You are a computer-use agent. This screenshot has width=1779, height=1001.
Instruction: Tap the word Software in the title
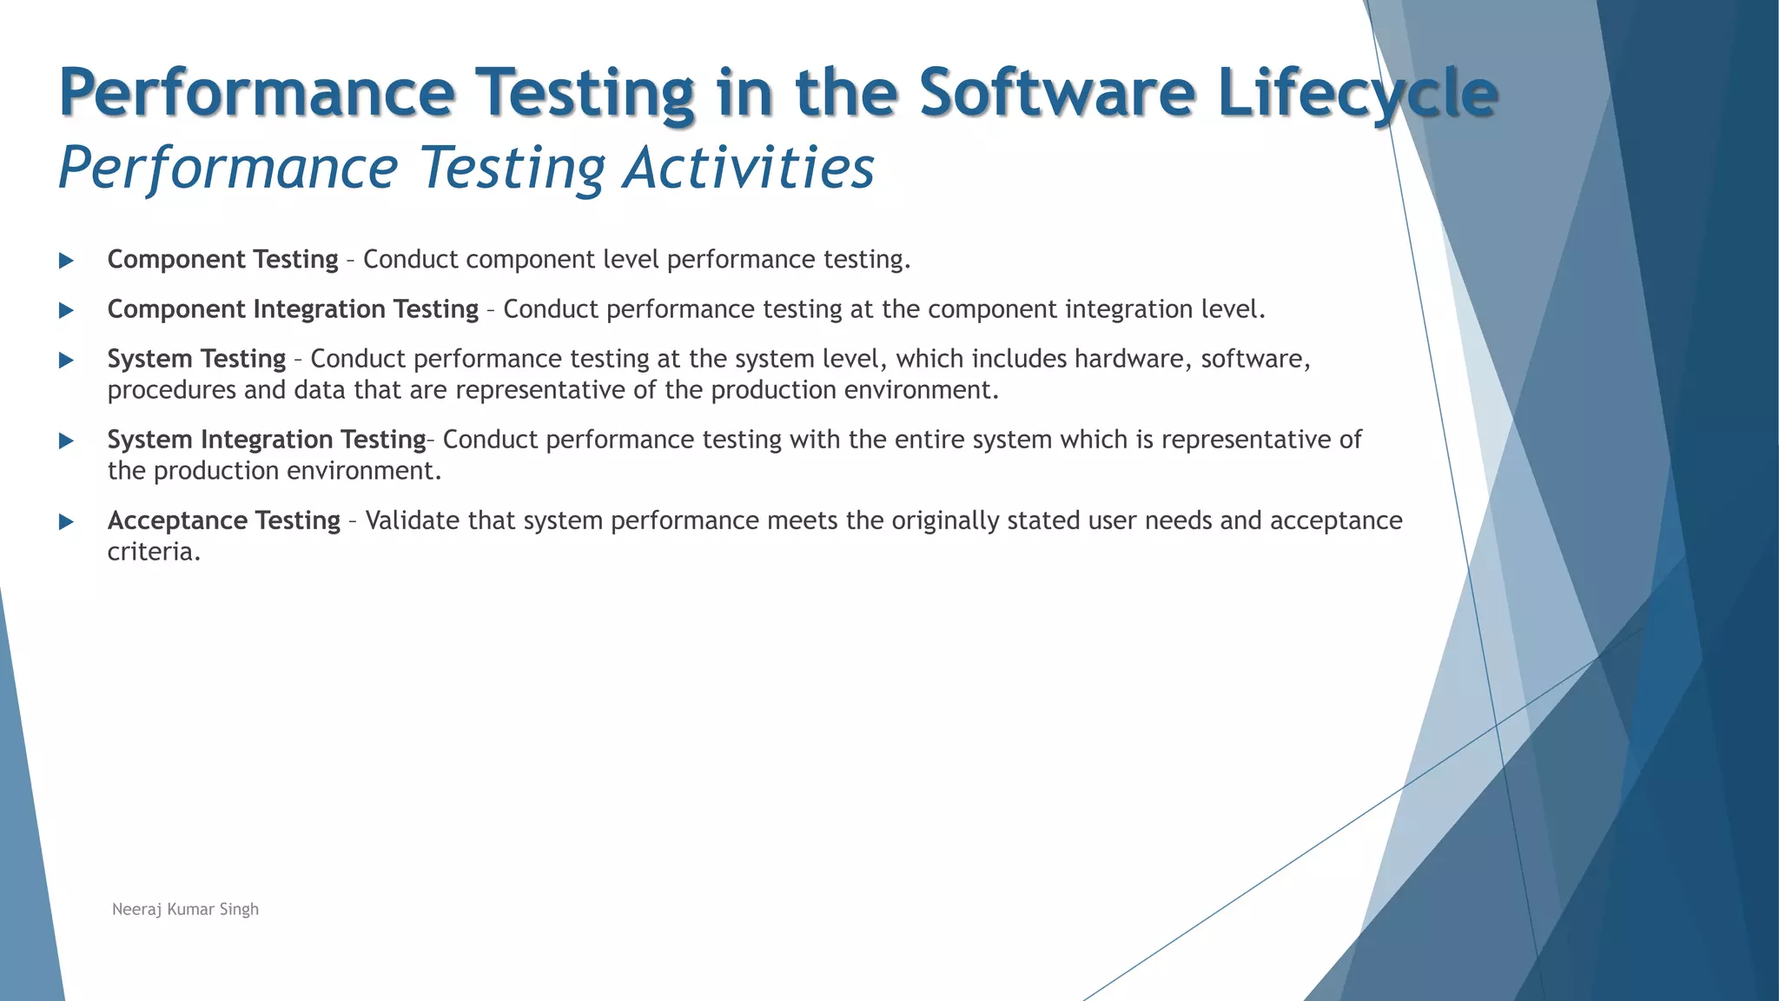point(1056,92)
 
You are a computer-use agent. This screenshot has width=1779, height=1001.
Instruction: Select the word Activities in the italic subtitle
point(748,167)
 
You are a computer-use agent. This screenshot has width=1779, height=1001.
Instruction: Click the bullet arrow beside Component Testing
point(66,260)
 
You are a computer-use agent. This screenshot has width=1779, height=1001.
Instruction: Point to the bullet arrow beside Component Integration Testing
point(66,310)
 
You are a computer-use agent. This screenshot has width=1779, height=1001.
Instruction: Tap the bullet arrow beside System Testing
point(66,360)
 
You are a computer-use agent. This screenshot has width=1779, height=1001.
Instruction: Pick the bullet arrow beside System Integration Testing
point(66,441)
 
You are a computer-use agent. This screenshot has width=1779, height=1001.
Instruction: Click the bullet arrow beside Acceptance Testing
point(66,521)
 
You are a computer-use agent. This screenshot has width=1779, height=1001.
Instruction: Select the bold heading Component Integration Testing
point(293,309)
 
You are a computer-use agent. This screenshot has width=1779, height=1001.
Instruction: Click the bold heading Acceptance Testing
point(223,520)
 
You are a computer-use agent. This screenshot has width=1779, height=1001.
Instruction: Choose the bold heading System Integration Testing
point(266,440)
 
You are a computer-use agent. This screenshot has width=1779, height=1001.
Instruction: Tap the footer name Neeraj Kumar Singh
point(185,909)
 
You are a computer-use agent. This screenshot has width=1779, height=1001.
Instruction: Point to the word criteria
point(153,552)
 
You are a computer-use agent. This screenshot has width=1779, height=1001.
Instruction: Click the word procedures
point(171,390)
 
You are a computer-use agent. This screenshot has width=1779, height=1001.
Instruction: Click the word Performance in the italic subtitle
point(228,167)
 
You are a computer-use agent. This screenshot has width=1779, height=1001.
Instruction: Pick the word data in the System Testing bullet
point(320,390)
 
